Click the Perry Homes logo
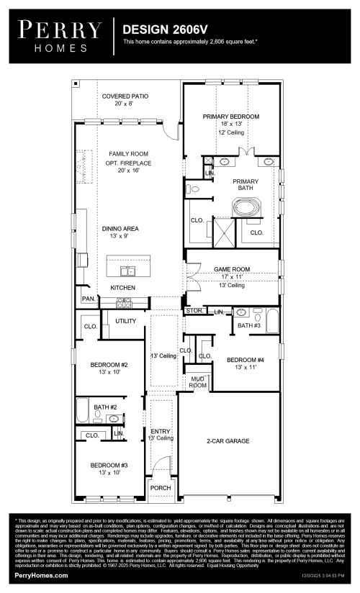60,35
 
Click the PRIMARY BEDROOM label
230,116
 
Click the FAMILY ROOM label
128,154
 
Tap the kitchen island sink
127,271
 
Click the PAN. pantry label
89,299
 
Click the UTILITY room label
125,320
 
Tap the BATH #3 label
248,326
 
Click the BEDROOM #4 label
245,359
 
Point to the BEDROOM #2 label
109,365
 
